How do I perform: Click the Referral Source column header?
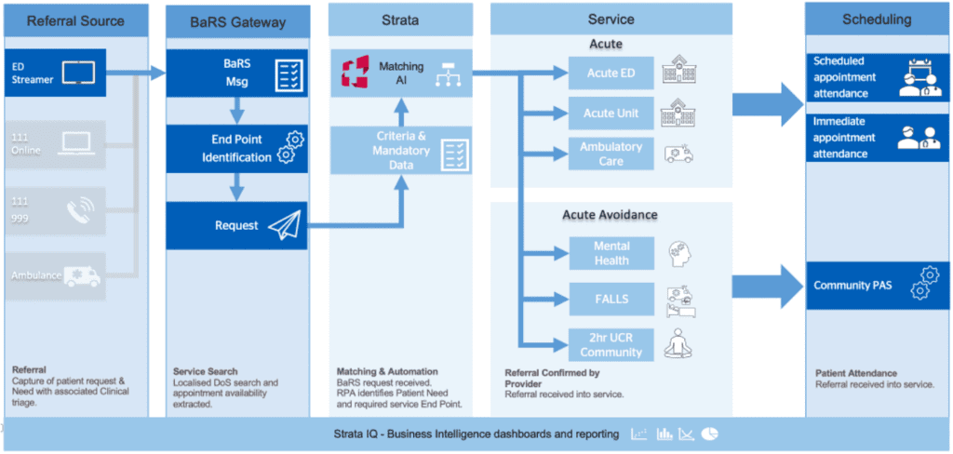coord(75,20)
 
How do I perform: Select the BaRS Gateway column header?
coord(237,20)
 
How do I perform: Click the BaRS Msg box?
coord(237,73)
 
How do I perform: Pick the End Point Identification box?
coord(237,149)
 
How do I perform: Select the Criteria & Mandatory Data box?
coord(400,151)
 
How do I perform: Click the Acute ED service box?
coord(611,73)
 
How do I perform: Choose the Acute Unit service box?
coord(611,113)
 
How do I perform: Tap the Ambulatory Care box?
coord(611,154)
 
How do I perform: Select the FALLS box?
coord(611,300)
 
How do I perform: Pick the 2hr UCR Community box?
coord(611,345)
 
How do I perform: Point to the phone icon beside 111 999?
coord(83,213)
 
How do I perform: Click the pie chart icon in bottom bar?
coord(709,434)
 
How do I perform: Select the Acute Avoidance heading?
coord(610,215)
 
